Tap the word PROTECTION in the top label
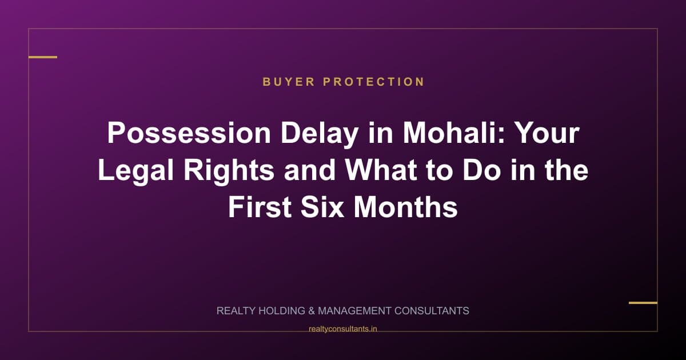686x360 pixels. click(x=374, y=82)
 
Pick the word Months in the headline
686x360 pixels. click(x=406, y=207)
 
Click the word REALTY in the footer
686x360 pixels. click(x=236, y=311)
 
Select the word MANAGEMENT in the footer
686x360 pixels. click(x=354, y=311)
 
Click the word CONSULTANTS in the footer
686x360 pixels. click(x=432, y=311)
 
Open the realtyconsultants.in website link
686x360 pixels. click(x=342, y=329)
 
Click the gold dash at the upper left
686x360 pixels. click(x=43, y=57)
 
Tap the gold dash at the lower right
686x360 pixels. click(x=643, y=303)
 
